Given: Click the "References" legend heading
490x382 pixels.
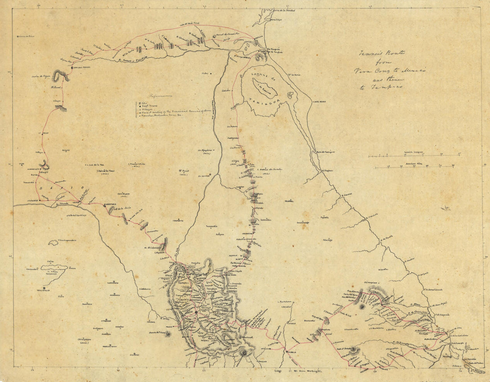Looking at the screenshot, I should click(159, 95).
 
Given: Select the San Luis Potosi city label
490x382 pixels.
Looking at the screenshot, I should click(82, 67).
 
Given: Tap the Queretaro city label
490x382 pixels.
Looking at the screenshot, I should click(110, 205).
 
